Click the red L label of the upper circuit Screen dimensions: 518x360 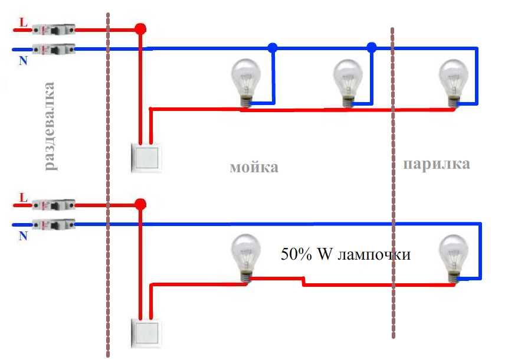(23, 22)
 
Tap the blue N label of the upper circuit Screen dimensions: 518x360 (23, 61)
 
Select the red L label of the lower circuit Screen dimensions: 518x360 (23, 198)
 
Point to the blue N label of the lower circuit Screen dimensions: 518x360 (23, 235)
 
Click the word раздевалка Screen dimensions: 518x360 (49, 126)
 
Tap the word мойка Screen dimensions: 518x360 (254, 167)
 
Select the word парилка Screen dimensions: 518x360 (437, 164)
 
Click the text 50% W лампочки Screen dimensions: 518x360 (346, 254)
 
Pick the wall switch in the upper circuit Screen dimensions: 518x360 (146, 158)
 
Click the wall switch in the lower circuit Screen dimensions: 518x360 (146, 333)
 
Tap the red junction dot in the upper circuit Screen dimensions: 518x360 (140, 29)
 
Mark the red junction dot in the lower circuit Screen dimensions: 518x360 (140, 204)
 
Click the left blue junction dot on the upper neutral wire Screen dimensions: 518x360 (272, 48)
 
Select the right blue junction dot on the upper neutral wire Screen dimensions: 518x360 (372, 48)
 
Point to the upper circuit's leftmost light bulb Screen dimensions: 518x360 (245, 83)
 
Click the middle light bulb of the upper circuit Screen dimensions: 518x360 (347, 83)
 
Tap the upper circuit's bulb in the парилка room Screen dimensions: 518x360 (454, 83)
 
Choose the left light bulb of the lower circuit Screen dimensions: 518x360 (245, 258)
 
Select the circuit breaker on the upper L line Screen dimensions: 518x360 (54, 30)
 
